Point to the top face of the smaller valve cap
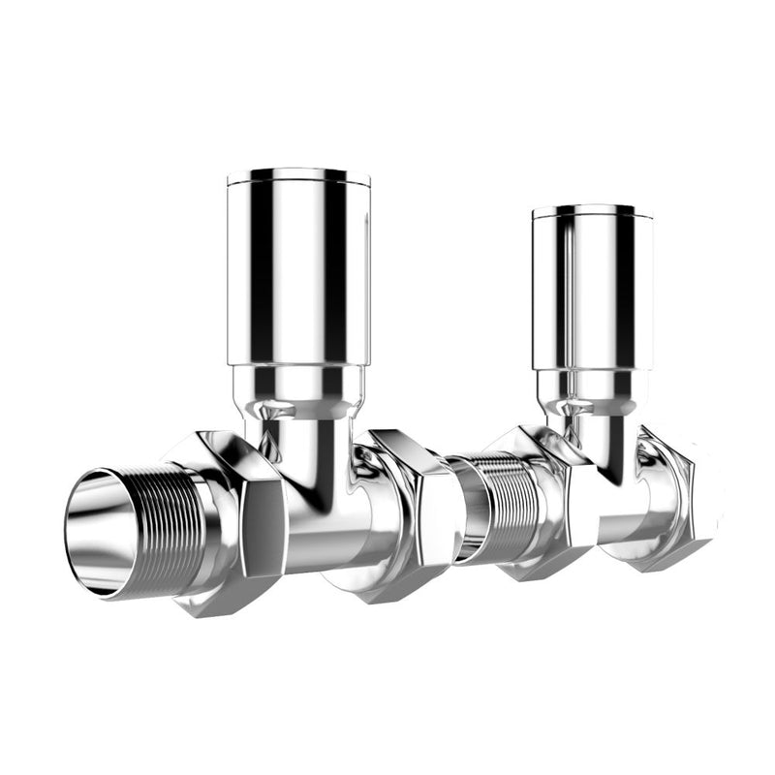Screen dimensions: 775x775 (593, 209)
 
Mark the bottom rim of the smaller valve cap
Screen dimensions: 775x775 (593, 369)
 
